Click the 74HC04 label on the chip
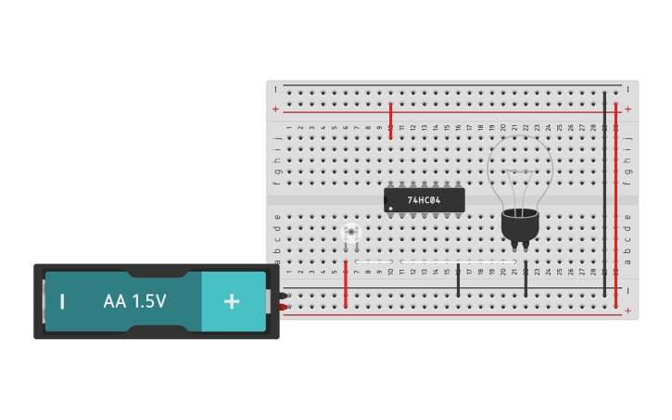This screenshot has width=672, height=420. coord(424,200)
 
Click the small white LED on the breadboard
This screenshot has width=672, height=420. coord(349,234)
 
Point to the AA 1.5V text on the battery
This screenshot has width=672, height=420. coord(134,301)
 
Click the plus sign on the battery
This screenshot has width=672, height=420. coord(232,301)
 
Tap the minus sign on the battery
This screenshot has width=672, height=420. coord(62,301)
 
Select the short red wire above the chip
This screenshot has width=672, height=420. coord(390,121)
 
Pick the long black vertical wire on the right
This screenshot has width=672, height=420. coord(604,195)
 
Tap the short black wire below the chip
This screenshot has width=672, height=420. coord(458,280)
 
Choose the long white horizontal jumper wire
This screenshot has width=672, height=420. coord(436,262)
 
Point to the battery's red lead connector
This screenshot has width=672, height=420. coord(284,307)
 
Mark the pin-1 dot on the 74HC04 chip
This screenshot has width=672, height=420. coord(390,208)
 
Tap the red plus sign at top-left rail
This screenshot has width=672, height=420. coord(275,109)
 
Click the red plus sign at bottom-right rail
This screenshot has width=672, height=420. coord(628,312)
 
